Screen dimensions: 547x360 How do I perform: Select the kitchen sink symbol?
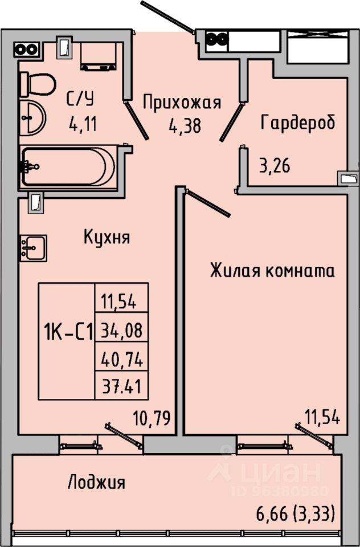(33, 248)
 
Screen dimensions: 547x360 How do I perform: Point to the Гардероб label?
(297, 122)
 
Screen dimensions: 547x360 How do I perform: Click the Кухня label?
(107, 236)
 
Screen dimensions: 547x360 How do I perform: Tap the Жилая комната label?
(272, 270)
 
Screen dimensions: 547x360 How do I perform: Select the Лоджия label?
(96, 483)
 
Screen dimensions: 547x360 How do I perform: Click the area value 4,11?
(82, 123)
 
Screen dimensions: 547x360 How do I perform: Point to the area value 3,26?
(275, 167)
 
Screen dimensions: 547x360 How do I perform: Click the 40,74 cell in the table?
(121, 359)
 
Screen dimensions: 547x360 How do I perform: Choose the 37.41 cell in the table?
(121, 388)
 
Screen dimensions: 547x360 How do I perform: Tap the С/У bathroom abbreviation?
(79, 99)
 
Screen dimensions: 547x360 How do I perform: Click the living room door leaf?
(208, 204)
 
